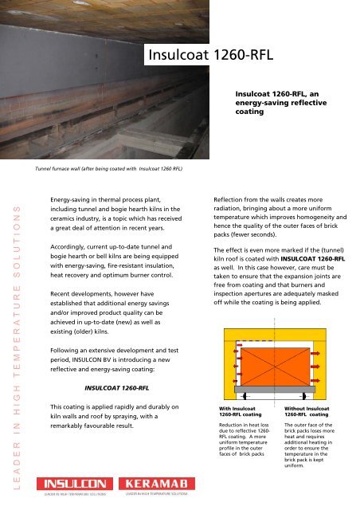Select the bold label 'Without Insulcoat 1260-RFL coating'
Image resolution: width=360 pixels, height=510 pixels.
(x=307, y=412)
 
